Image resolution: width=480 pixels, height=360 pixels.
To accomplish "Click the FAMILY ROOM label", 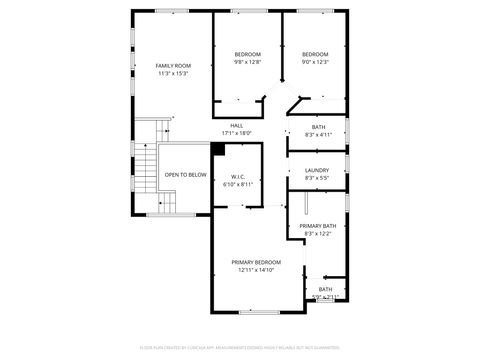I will (172, 65).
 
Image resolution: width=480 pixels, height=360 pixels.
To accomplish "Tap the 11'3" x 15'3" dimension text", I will (172, 73).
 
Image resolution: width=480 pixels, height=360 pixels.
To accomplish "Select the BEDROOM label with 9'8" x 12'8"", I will (247, 54).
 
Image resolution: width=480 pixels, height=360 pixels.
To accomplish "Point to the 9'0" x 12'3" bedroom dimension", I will (315, 62).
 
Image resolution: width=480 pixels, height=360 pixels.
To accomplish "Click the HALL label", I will (236, 125).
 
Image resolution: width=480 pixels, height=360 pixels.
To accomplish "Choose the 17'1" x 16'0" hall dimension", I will (236, 133).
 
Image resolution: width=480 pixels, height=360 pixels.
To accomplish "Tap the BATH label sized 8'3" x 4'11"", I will (318, 127).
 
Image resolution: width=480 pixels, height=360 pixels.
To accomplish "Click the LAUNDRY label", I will (317, 170).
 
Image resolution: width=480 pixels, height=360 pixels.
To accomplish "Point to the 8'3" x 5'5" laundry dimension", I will (317, 178).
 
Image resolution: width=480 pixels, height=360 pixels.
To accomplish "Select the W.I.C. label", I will (238, 177).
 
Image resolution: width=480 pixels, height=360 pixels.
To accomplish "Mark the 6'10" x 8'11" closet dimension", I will (238, 185).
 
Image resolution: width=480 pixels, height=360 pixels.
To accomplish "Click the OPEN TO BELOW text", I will (186, 175).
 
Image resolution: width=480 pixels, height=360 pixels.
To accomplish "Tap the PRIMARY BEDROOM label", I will (256, 262).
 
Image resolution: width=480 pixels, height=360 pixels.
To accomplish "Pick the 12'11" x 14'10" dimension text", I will (256, 270).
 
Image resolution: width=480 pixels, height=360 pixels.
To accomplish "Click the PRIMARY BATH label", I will (317, 226).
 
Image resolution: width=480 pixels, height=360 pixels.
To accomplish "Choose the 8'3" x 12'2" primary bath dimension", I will (317, 234).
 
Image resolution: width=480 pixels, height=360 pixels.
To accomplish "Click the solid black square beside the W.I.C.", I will (217, 149).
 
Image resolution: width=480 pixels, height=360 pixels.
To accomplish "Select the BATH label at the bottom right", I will (325, 289).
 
